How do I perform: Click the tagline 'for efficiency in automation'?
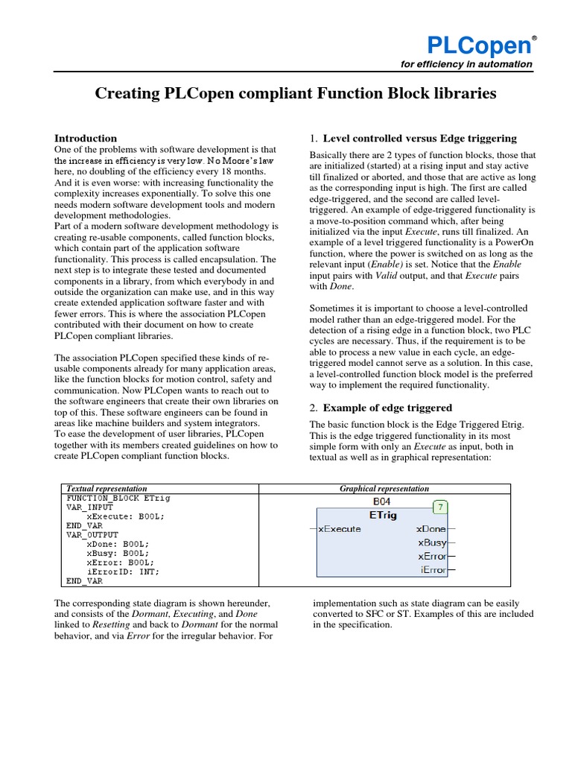[x=466, y=64]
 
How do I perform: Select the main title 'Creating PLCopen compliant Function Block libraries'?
[x=285, y=94]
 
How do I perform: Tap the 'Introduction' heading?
[x=86, y=138]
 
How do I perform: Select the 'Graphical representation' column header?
[x=384, y=489]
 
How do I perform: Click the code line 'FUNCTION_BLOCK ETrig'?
[x=111, y=497]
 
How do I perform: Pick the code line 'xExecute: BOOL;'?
[x=125, y=516]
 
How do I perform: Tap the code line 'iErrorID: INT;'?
[x=123, y=572]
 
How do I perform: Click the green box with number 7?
[x=439, y=507]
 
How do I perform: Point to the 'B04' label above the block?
[x=382, y=501]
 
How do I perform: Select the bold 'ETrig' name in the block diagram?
[x=382, y=515]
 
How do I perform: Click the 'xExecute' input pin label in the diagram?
[x=340, y=529]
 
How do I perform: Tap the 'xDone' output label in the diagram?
[x=432, y=529]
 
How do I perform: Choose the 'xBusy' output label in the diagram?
[x=432, y=542]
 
